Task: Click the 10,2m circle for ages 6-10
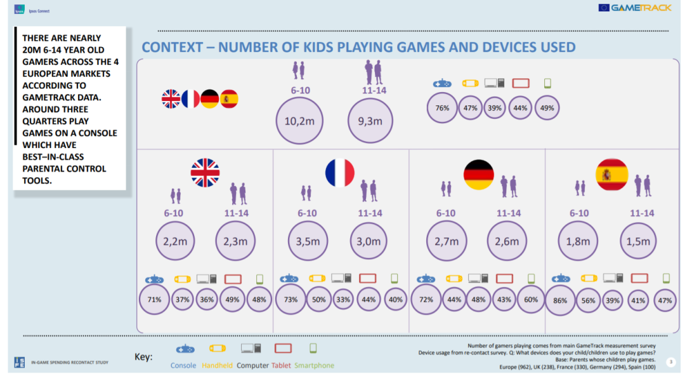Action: tap(300, 121)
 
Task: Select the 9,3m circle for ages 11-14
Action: tap(371, 121)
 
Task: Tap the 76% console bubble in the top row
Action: tap(442, 108)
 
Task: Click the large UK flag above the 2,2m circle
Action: tap(205, 173)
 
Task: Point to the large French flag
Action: tap(339, 173)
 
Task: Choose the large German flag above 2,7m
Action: tap(478, 175)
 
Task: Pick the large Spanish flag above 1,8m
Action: tap(611, 175)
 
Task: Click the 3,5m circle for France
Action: tap(307, 241)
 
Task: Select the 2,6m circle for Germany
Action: tap(507, 241)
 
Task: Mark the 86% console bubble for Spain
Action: tap(560, 300)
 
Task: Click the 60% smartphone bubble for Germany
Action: tap(532, 300)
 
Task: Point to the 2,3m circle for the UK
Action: tap(235, 241)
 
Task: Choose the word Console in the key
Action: tap(183, 365)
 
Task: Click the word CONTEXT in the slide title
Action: tap(173, 47)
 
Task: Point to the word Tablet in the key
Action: tap(281, 365)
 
